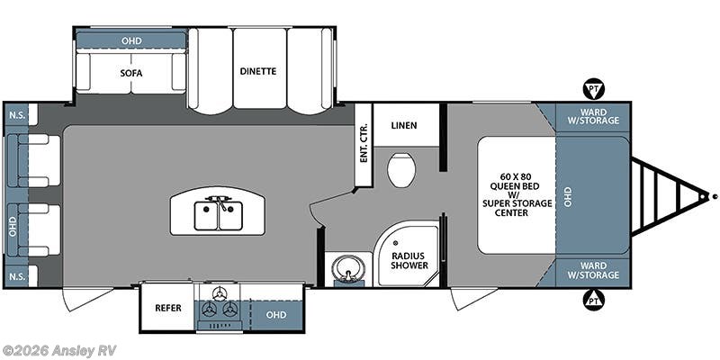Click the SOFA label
pyautogui.click(x=131, y=72)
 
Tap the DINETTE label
pyautogui.click(x=257, y=71)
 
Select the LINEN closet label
pyautogui.click(x=404, y=125)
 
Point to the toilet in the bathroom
pyautogui.click(x=401, y=168)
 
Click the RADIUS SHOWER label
pyautogui.click(x=408, y=260)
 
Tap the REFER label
pyautogui.click(x=167, y=308)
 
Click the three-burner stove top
pyautogui.click(x=220, y=306)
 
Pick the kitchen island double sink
pyautogui.click(x=219, y=215)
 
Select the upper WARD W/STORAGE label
pyautogui.click(x=593, y=117)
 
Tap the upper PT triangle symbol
pyautogui.click(x=592, y=88)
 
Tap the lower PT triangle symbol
pyautogui.click(x=592, y=300)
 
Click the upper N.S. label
pyautogui.click(x=16, y=115)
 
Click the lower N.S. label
pyautogui.click(x=16, y=275)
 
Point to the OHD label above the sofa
pyautogui.click(x=131, y=40)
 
